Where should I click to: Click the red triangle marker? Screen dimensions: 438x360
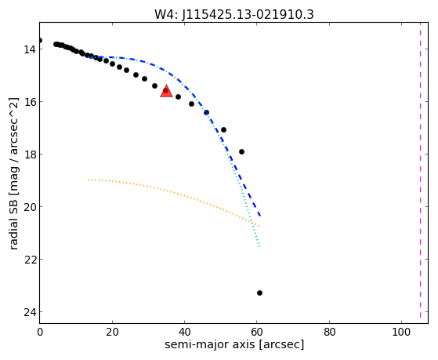[x=166, y=92]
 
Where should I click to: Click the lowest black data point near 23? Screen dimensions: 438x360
[x=259, y=293]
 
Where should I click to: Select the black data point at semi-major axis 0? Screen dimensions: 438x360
[x=40, y=41]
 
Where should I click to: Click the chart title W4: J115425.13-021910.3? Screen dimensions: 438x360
[x=234, y=15]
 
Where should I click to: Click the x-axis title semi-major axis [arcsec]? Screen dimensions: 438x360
[x=234, y=344]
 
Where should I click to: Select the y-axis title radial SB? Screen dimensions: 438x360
[x=13, y=173]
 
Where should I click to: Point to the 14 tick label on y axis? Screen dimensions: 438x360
[x=30, y=49]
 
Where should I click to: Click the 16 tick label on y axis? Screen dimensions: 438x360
[x=30, y=102]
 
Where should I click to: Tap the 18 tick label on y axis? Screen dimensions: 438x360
[x=30, y=155]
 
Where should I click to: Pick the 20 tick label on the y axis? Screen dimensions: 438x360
[x=30, y=207]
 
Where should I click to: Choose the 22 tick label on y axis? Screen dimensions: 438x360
[x=30, y=260]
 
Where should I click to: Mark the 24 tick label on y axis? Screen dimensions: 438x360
[x=30, y=312]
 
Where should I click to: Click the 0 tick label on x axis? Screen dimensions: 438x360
[x=40, y=333]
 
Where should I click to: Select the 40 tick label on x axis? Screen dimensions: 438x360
[x=185, y=333]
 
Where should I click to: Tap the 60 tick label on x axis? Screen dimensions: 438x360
[x=257, y=333]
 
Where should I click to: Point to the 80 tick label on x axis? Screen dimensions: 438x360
[x=329, y=333]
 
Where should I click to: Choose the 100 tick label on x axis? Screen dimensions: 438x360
[x=401, y=333]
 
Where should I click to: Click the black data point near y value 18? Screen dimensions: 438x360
[x=241, y=152]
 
